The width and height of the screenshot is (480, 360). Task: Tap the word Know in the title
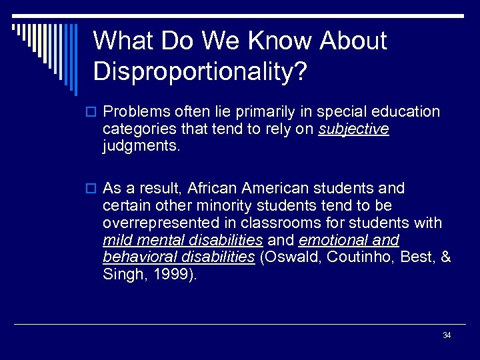coord(279,41)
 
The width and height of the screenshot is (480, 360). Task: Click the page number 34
coord(447,335)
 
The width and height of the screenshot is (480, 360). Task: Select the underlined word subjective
coord(353,129)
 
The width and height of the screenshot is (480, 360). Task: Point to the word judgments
coord(141,146)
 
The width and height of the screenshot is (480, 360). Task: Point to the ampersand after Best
coord(446,258)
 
